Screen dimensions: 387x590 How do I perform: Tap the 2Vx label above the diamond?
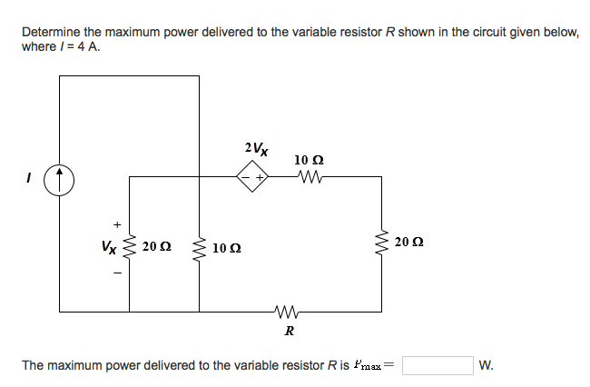255,147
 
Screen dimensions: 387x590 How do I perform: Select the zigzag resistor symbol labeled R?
288,313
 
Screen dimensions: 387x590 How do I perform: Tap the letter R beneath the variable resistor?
289,331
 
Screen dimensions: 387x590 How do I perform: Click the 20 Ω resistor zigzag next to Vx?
129,245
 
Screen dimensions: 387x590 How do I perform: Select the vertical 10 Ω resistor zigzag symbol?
199,246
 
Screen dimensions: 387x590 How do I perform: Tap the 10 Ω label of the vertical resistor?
227,247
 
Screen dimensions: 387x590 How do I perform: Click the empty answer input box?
438,365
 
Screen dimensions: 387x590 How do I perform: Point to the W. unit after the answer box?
487,366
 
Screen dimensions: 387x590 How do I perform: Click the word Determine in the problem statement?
51,32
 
